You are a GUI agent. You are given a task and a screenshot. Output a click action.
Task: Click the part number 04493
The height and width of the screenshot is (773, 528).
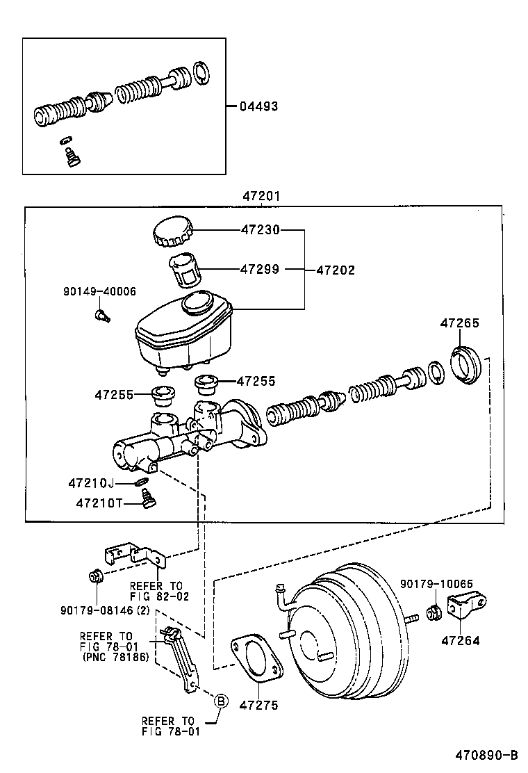[x=258, y=106]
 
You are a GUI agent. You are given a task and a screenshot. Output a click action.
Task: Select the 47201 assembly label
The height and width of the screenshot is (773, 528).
[x=261, y=197]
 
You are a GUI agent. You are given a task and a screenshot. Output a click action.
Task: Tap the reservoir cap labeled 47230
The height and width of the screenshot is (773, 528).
[x=172, y=231]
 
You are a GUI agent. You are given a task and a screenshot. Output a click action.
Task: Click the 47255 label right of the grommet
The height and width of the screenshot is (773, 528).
[x=256, y=381]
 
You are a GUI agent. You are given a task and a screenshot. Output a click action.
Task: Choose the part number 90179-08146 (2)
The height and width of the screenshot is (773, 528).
[x=105, y=610]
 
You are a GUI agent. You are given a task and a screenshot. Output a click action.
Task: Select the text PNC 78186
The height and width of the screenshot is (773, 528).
[x=115, y=656]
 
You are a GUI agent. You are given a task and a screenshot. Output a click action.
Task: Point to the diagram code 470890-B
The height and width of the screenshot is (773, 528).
[x=486, y=755]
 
